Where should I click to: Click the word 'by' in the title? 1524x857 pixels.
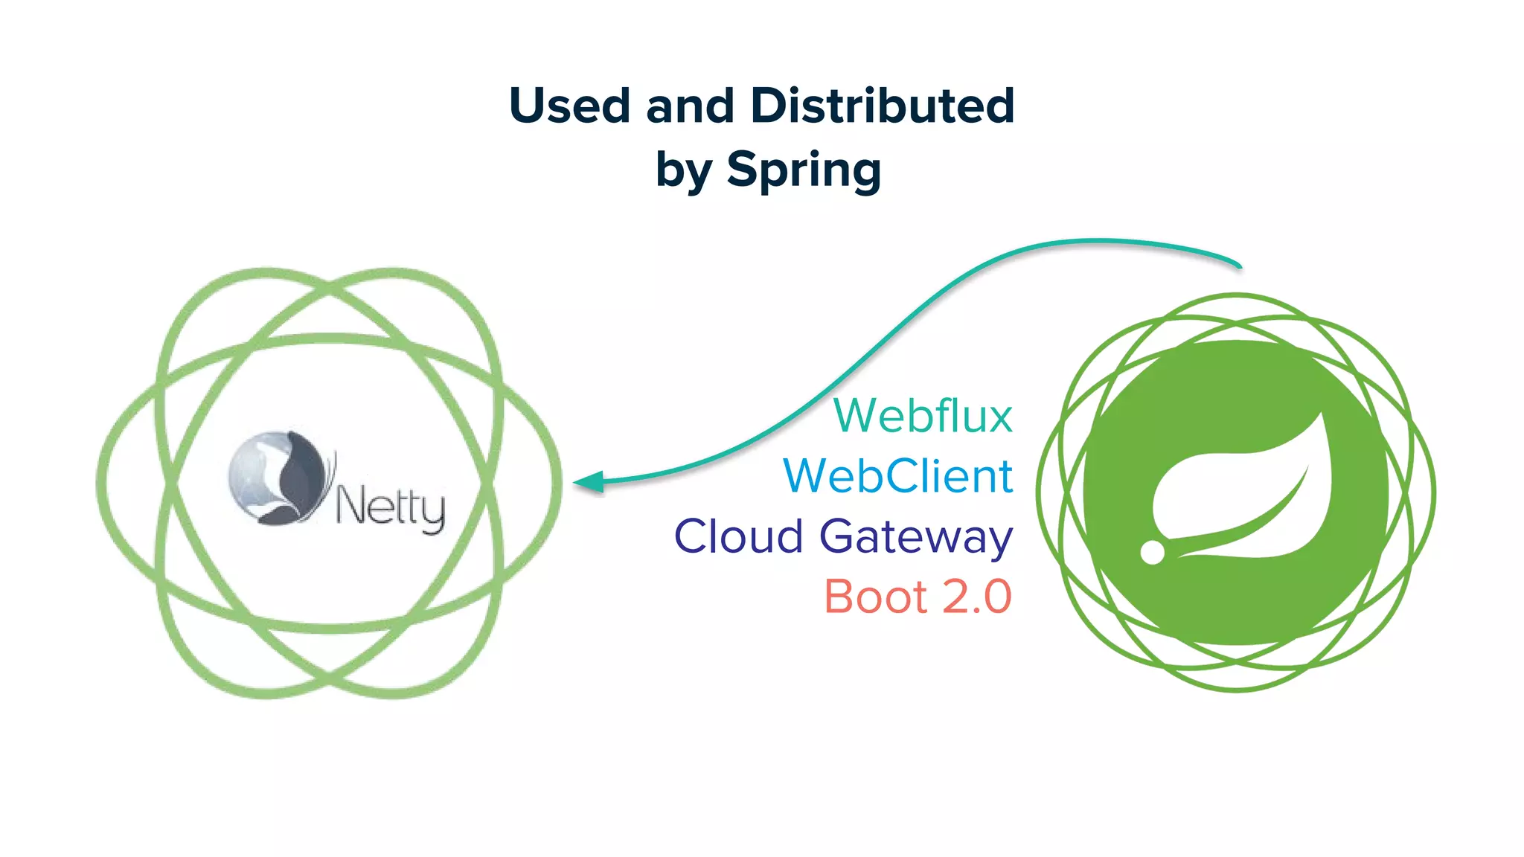pyautogui.click(x=683, y=171)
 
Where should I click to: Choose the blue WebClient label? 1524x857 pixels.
pyautogui.click(x=898, y=476)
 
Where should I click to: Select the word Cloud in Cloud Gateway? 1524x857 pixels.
pyautogui.click(x=738, y=536)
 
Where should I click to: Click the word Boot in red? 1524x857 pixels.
pyautogui.click(x=877, y=597)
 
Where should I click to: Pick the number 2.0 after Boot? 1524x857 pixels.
pyautogui.click(x=977, y=597)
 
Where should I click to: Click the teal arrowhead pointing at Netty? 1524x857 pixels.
pyautogui.click(x=589, y=482)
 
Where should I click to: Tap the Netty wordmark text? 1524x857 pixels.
pyautogui.click(x=390, y=508)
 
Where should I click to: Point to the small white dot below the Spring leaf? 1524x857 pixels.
pyautogui.click(x=1153, y=552)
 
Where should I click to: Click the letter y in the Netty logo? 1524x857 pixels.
pyautogui.click(x=432, y=513)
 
